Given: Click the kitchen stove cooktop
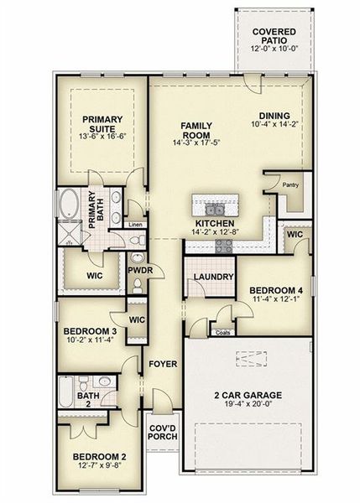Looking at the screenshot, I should click(224, 245).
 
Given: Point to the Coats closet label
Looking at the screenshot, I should click(222, 333).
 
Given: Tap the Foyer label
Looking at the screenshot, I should click(162, 365).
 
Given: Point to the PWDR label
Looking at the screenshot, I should click(138, 272).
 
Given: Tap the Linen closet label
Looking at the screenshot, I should click(134, 225).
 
